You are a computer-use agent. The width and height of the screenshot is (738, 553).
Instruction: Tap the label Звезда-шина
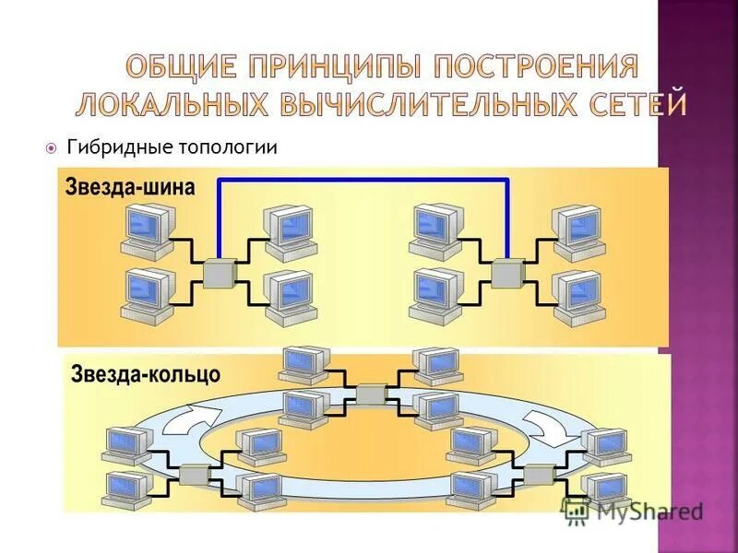(130, 187)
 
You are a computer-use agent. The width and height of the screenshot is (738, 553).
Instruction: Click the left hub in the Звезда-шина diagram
(220, 274)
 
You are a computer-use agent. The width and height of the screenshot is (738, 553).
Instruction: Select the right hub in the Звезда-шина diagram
(507, 274)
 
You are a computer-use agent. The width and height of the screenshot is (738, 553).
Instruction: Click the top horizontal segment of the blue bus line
(363, 181)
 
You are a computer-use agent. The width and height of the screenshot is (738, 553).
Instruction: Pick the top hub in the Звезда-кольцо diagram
(371, 394)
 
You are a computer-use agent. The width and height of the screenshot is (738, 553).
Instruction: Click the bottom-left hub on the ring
(194, 475)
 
